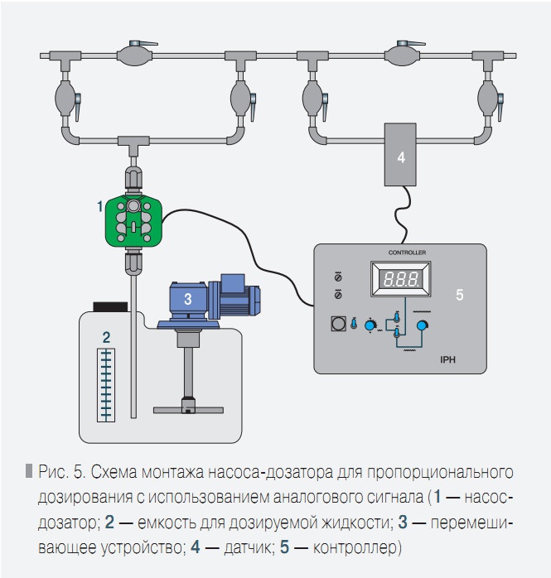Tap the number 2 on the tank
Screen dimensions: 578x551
(105, 336)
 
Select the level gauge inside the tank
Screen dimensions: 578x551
(104, 385)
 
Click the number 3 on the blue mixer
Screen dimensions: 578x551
(188, 299)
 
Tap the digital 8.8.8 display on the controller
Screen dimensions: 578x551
(401, 280)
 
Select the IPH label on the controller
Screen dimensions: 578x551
(450, 360)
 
